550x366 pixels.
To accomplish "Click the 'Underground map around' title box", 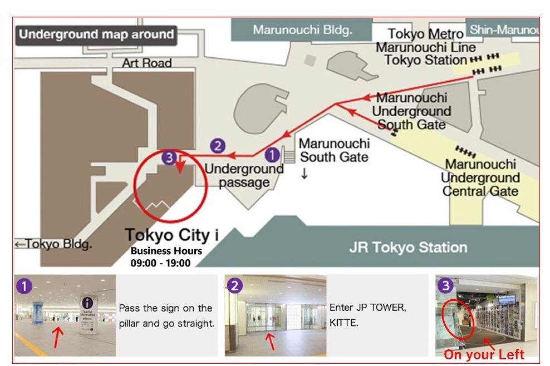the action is click(x=96, y=34).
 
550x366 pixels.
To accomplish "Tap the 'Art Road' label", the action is click(x=147, y=63).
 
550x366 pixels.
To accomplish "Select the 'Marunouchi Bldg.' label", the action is click(x=302, y=29).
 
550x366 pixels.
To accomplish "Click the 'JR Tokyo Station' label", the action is click(x=407, y=248).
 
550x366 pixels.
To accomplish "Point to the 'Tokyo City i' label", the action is click(x=171, y=235).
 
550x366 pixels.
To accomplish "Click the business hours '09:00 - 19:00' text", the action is click(x=160, y=263).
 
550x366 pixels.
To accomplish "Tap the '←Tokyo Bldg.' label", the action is click(x=53, y=244).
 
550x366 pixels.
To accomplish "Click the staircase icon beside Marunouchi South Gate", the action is click(x=289, y=154).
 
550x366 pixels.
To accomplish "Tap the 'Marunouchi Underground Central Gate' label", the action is click(x=480, y=178).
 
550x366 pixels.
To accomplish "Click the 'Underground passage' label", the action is click(x=244, y=175).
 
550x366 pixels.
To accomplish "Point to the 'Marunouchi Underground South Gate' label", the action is click(x=411, y=111).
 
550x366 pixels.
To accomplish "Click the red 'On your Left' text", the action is click(x=483, y=355).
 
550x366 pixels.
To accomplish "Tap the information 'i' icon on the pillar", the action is click(x=87, y=303).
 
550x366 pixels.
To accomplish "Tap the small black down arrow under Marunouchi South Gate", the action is click(x=305, y=175).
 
